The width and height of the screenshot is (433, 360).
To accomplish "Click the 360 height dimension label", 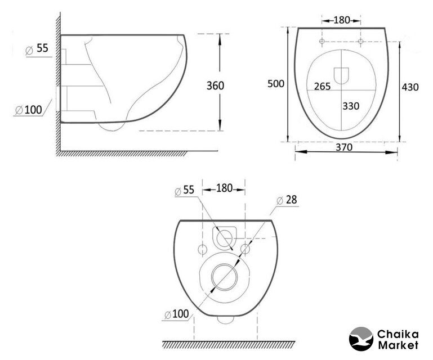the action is pos(216,85).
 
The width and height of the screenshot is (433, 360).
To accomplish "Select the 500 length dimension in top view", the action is pos(275,83).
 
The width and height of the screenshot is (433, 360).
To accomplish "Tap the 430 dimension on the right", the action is pos(410,87).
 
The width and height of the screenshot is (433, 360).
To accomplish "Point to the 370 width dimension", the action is pos(344,147).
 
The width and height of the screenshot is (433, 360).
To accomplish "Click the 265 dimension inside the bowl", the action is pos(323,87).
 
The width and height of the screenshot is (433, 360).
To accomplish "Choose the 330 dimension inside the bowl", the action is pos(351,106).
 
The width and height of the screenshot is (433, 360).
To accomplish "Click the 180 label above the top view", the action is pos(342,20).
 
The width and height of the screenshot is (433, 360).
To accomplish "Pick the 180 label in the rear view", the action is pos(224,188).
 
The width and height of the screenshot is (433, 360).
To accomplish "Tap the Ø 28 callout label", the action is pos(287,200).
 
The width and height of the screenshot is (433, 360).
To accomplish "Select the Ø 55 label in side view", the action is pos(37,48).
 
